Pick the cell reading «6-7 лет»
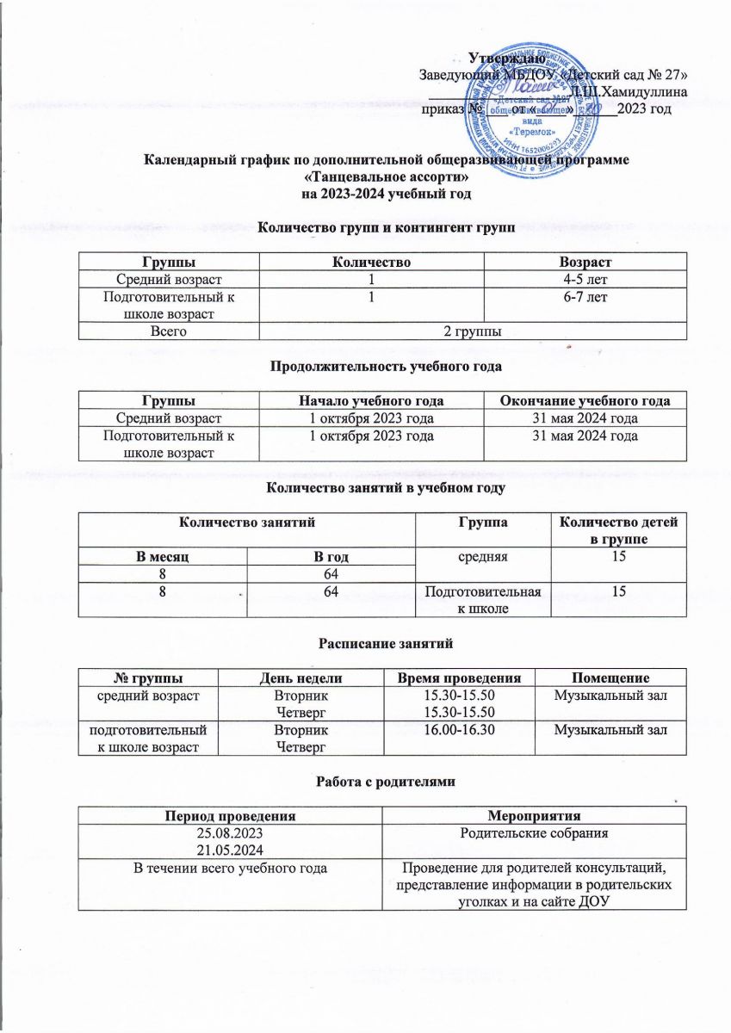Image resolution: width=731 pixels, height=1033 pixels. [585, 295]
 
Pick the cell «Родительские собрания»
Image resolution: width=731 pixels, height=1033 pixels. [533, 835]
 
